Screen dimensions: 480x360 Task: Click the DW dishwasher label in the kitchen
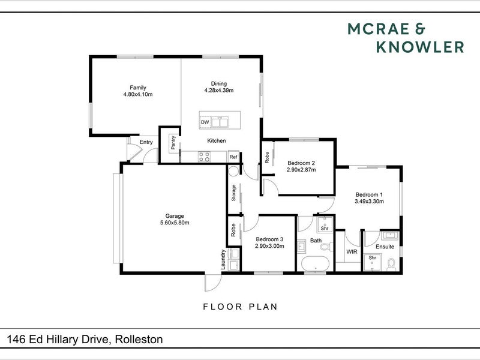(205, 122)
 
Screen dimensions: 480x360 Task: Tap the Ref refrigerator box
(233, 157)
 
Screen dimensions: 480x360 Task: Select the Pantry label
(173, 143)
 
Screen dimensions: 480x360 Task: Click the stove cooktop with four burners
(204, 157)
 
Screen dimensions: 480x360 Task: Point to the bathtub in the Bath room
(316, 263)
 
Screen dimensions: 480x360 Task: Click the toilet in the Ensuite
(391, 265)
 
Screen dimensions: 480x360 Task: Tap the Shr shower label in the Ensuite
(372, 258)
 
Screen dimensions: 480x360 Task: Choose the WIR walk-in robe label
(352, 251)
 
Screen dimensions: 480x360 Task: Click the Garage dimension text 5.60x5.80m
(175, 223)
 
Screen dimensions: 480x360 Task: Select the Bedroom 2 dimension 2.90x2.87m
(301, 170)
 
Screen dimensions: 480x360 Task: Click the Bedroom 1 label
(369, 194)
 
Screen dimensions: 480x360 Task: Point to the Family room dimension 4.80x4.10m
(138, 94)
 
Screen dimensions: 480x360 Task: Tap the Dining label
(219, 83)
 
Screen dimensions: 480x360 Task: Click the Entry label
(146, 142)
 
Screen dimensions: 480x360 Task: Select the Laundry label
(223, 260)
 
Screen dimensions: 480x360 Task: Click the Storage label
(233, 193)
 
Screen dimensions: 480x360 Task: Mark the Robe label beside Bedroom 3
(233, 230)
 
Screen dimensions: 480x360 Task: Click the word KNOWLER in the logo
(420, 47)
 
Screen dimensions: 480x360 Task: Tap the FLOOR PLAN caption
(241, 307)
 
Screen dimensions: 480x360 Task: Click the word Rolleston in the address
(139, 339)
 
